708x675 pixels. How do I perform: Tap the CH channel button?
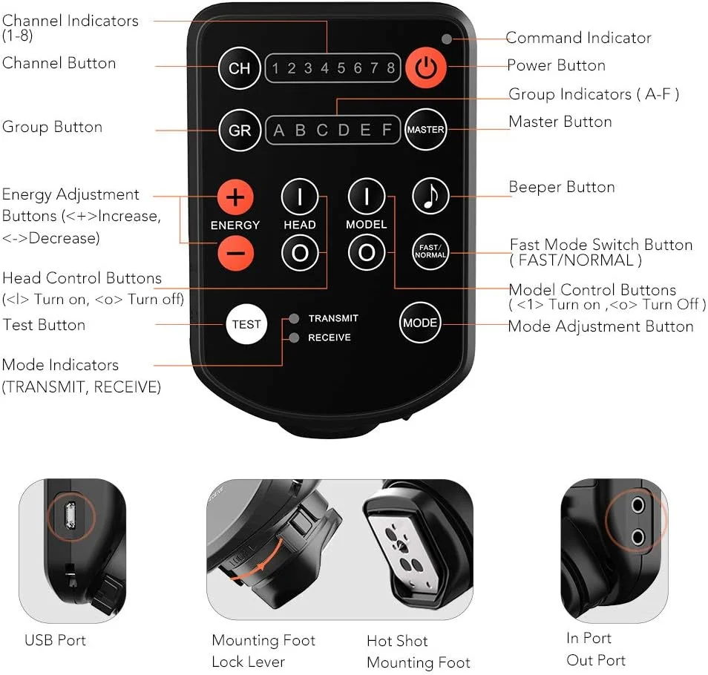239,68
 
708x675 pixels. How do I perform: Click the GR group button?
240,130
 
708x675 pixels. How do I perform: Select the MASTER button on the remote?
426,130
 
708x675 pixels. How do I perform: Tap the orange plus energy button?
235,197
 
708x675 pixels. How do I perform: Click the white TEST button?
246,324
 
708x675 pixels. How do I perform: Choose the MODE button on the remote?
420,323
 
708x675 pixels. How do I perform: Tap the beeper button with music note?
430,197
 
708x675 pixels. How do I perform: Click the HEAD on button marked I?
300,197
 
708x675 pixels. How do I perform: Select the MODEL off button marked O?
367,253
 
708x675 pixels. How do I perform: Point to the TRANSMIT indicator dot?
294,318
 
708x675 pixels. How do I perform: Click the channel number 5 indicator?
341,68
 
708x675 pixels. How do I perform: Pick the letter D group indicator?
344,130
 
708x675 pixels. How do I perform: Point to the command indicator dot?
447,39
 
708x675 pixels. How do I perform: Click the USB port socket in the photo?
70,515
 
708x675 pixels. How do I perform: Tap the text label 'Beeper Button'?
562,187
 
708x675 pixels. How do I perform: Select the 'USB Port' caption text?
55,640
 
